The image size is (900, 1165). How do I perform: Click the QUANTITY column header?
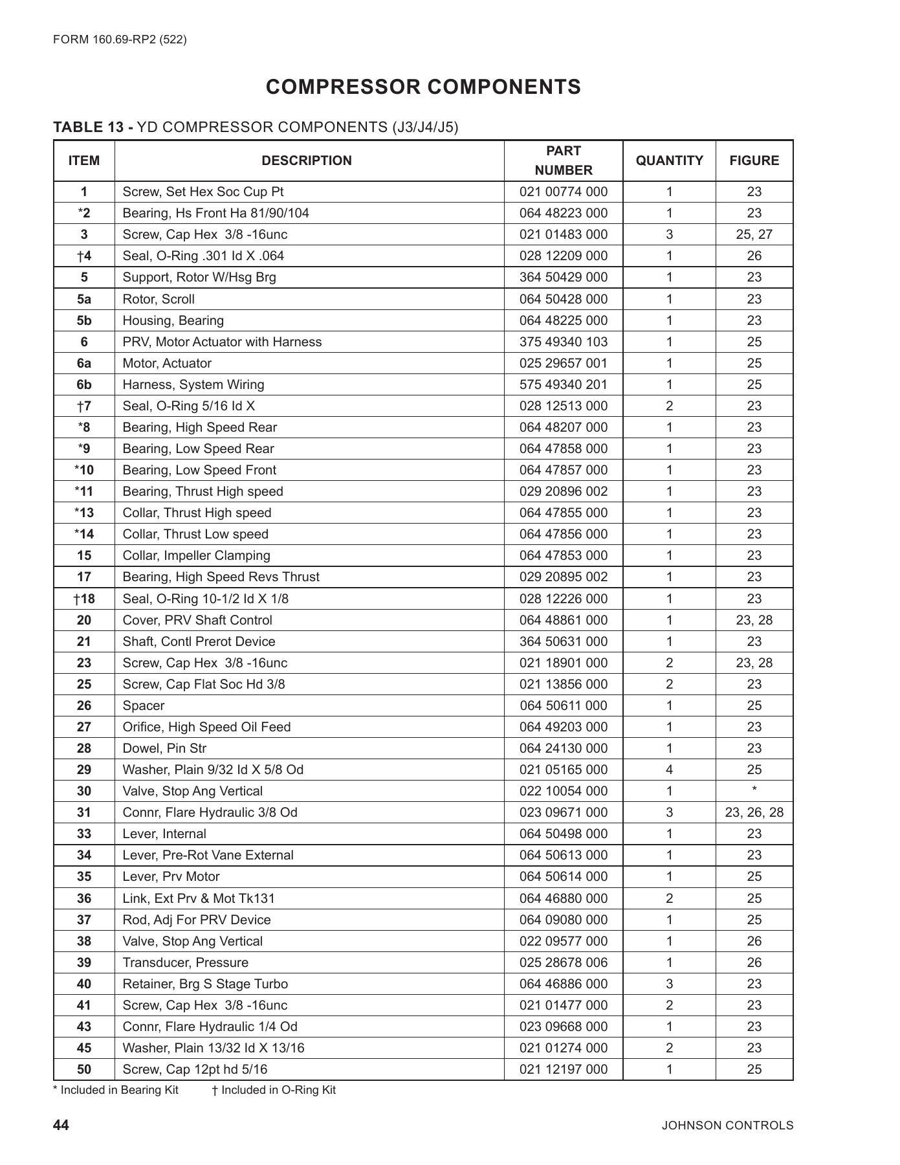669,161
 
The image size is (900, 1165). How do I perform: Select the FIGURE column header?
754,161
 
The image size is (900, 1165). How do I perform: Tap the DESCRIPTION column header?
307,161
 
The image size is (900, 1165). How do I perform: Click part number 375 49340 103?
564,342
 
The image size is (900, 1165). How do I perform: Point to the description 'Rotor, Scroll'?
159,299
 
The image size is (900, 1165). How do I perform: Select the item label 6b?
84,384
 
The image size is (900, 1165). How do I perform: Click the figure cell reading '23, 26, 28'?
754,812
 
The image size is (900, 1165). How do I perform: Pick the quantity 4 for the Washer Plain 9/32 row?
669,770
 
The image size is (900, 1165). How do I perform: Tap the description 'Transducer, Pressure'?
186,962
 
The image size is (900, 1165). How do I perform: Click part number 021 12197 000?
564,1069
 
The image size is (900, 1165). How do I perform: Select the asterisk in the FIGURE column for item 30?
754,790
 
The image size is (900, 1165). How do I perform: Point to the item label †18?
84,599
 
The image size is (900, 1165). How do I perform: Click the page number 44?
61,1125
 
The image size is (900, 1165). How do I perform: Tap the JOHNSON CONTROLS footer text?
727,1126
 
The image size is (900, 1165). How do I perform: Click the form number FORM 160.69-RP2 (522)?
120,39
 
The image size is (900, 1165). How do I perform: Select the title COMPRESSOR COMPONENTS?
423,87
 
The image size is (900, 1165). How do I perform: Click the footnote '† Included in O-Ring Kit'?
274,1090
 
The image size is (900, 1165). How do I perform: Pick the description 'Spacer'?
144,705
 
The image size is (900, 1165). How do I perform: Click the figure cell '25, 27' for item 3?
754,234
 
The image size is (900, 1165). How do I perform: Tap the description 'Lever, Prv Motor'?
171,876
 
